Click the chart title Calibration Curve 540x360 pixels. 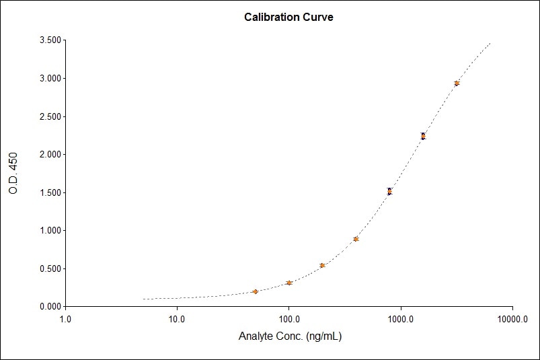[288, 17]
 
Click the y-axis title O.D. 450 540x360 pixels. [13, 174]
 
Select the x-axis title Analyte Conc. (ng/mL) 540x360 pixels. [290, 336]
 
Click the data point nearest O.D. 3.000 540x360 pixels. [457, 83]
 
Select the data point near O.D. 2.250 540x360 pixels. [423, 136]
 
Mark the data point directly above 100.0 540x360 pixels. [288, 283]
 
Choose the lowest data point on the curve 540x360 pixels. [255, 291]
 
